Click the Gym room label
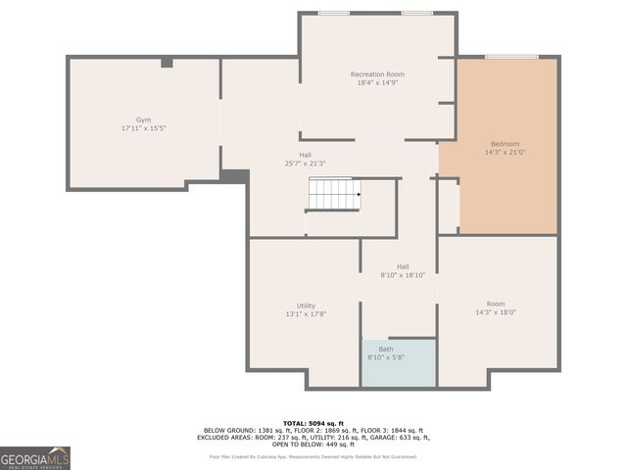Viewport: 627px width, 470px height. pyautogui.click(x=143, y=119)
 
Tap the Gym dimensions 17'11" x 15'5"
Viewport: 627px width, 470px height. pyautogui.click(x=143, y=128)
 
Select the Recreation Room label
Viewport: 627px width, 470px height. pyautogui.click(x=377, y=74)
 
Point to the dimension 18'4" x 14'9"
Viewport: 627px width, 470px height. pyautogui.click(x=377, y=83)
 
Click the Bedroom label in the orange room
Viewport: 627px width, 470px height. pyautogui.click(x=505, y=144)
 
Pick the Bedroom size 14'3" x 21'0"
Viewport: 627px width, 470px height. pyautogui.click(x=505, y=153)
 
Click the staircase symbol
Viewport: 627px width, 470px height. pyautogui.click(x=335, y=194)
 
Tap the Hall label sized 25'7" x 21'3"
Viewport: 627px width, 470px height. pyautogui.click(x=306, y=154)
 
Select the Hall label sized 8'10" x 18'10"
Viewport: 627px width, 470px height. pyautogui.click(x=403, y=266)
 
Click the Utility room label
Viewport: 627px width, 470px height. pyautogui.click(x=306, y=305)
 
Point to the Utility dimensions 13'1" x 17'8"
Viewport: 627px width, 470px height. pyautogui.click(x=306, y=314)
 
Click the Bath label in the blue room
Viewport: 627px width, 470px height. pyautogui.click(x=386, y=350)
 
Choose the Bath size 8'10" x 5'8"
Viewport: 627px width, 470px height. pyautogui.click(x=386, y=358)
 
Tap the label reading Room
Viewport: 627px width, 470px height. pyautogui.click(x=496, y=304)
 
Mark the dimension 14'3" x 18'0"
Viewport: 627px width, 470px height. pyautogui.click(x=496, y=312)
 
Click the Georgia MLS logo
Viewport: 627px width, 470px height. pyautogui.click(x=35, y=457)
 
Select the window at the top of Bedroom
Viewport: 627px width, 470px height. pyautogui.click(x=511, y=57)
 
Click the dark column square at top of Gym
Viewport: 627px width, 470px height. pyautogui.click(x=167, y=63)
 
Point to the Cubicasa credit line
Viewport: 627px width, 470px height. pyautogui.click(x=313, y=456)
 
